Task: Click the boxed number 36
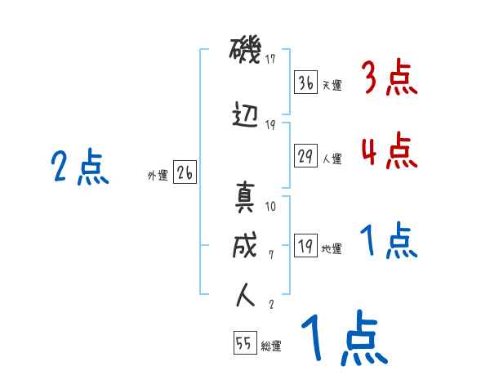(x=305, y=83)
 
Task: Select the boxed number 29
(x=305, y=154)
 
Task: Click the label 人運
(x=332, y=157)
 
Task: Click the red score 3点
(x=389, y=79)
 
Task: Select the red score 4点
(x=389, y=150)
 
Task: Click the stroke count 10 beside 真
(x=271, y=206)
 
